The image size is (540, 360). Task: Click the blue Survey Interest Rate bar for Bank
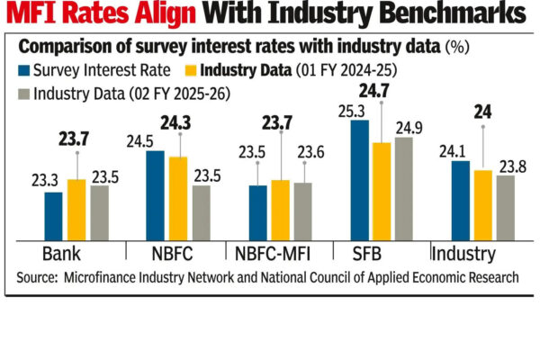(53, 214)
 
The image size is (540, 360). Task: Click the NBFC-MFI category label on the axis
(280, 253)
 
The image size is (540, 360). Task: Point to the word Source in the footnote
(39, 279)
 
